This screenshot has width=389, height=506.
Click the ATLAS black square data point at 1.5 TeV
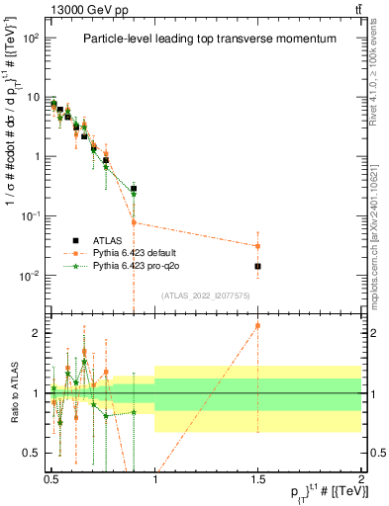tap(257, 266)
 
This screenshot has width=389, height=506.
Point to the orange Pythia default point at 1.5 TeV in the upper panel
tap(257, 246)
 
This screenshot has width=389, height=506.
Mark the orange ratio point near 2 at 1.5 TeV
tap(257, 325)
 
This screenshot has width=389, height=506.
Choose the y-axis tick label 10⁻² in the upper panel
tap(32, 275)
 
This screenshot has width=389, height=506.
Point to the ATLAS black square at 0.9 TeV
tap(134, 188)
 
